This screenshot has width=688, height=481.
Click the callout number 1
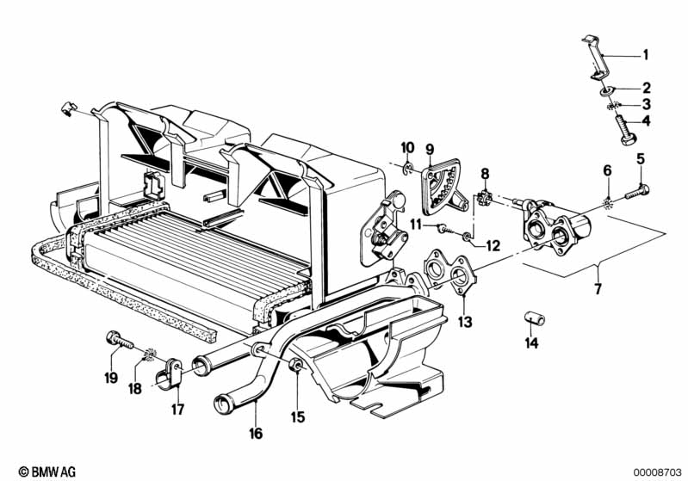pos(645,55)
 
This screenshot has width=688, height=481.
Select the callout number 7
pos(598,289)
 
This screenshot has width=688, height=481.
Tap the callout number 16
pos(256,434)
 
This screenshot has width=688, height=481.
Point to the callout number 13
pos(465,323)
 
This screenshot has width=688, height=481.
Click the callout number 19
pos(111,377)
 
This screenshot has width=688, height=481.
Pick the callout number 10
pos(407,148)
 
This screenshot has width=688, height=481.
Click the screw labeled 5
pos(637,192)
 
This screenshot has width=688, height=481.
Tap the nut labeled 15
pos(295,365)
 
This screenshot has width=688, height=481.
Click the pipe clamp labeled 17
pos(170,374)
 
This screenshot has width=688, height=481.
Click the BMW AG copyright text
pos(47,472)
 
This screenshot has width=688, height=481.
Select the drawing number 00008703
pos(657,472)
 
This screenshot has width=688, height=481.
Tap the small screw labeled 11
pos(444,228)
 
